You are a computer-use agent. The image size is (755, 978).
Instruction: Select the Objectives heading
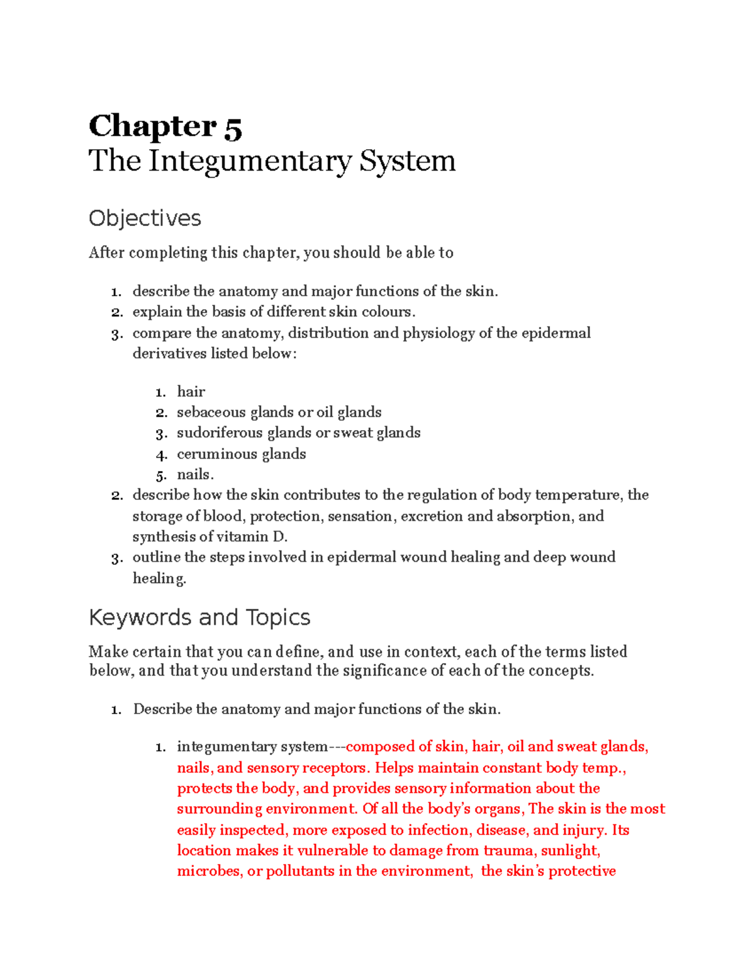click(145, 219)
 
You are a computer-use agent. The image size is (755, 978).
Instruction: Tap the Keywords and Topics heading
click(199, 617)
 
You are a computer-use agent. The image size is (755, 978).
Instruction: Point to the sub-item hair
click(191, 392)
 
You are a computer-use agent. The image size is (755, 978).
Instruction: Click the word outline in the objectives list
click(155, 557)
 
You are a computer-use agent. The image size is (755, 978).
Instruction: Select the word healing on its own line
click(159, 578)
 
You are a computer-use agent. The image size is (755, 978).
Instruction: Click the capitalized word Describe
click(162, 709)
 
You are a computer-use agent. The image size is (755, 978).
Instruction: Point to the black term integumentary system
click(252, 747)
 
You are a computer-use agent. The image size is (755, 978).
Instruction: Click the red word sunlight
click(570, 851)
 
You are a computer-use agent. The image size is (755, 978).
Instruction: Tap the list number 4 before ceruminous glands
click(161, 455)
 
